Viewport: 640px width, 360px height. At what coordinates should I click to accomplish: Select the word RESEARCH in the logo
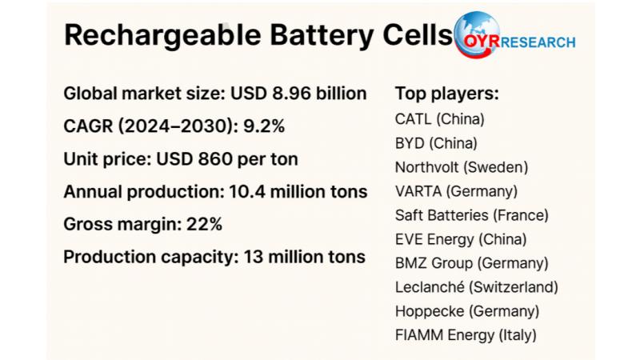click(x=538, y=43)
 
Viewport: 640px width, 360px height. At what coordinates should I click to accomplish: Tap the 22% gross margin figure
click(x=206, y=225)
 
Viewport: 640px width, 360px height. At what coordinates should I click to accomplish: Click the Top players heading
click(x=447, y=94)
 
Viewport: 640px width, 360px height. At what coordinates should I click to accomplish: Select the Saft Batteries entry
click(x=441, y=215)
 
